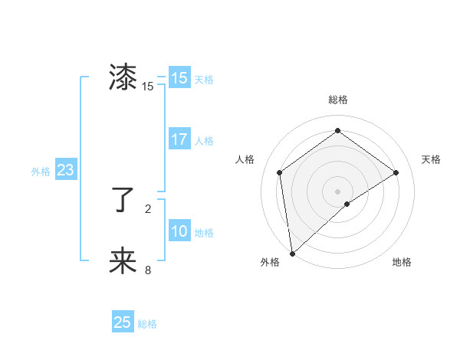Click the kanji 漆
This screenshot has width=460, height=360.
[x=123, y=78]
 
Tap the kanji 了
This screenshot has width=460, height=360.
[x=123, y=201]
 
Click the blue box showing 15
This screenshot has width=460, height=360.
[x=179, y=78]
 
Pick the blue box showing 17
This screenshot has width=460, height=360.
[x=179, y=139]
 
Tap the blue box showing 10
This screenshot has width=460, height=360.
[x=179, y=231]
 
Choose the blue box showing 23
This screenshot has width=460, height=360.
[x=65, y=170]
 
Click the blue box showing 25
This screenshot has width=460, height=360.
[x=123, y=322]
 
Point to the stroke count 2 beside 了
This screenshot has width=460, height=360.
[x=148, y=208]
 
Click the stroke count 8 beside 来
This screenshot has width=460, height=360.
[x=148, y=270]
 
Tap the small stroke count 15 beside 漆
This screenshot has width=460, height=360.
[x=148, y=87]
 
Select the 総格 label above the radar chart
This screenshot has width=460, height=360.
[x=337, y=100]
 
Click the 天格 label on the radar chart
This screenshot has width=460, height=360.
[x=431, y=159]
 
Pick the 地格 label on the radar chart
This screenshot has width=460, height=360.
[x=402, y=262]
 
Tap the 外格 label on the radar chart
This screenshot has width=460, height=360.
[x=270, y=262]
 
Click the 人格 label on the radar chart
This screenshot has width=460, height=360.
[x=245, y=159]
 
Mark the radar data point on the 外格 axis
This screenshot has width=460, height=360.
[x=291, y=253]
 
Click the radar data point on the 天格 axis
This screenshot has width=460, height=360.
[x=396, y=172]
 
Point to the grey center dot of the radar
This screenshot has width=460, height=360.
[x=337, y=191]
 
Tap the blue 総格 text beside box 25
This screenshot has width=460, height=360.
[x=147, y=324]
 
